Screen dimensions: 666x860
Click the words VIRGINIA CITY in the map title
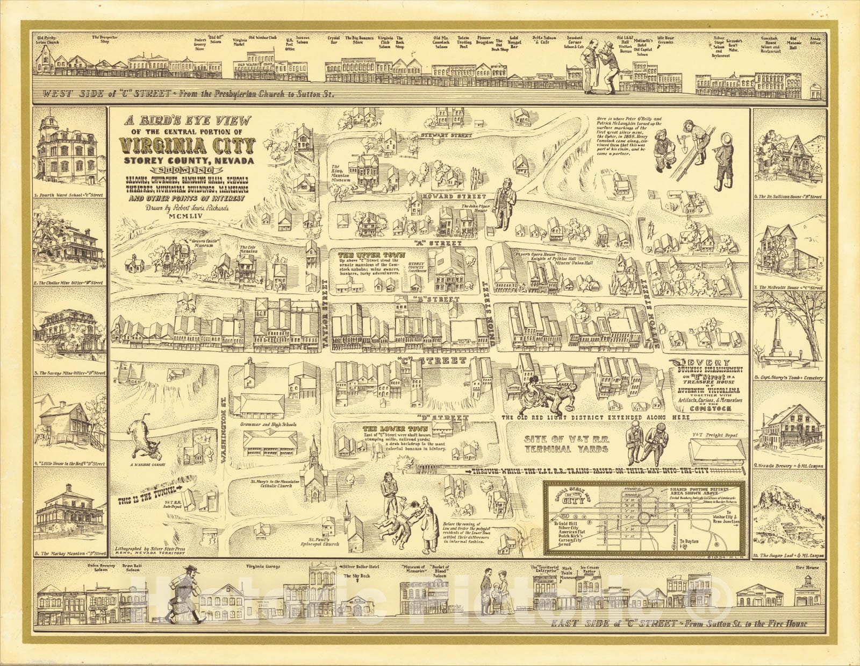188,145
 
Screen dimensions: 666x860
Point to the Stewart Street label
446,135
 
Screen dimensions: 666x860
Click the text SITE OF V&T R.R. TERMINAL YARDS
567,444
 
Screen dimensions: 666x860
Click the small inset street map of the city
644,518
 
